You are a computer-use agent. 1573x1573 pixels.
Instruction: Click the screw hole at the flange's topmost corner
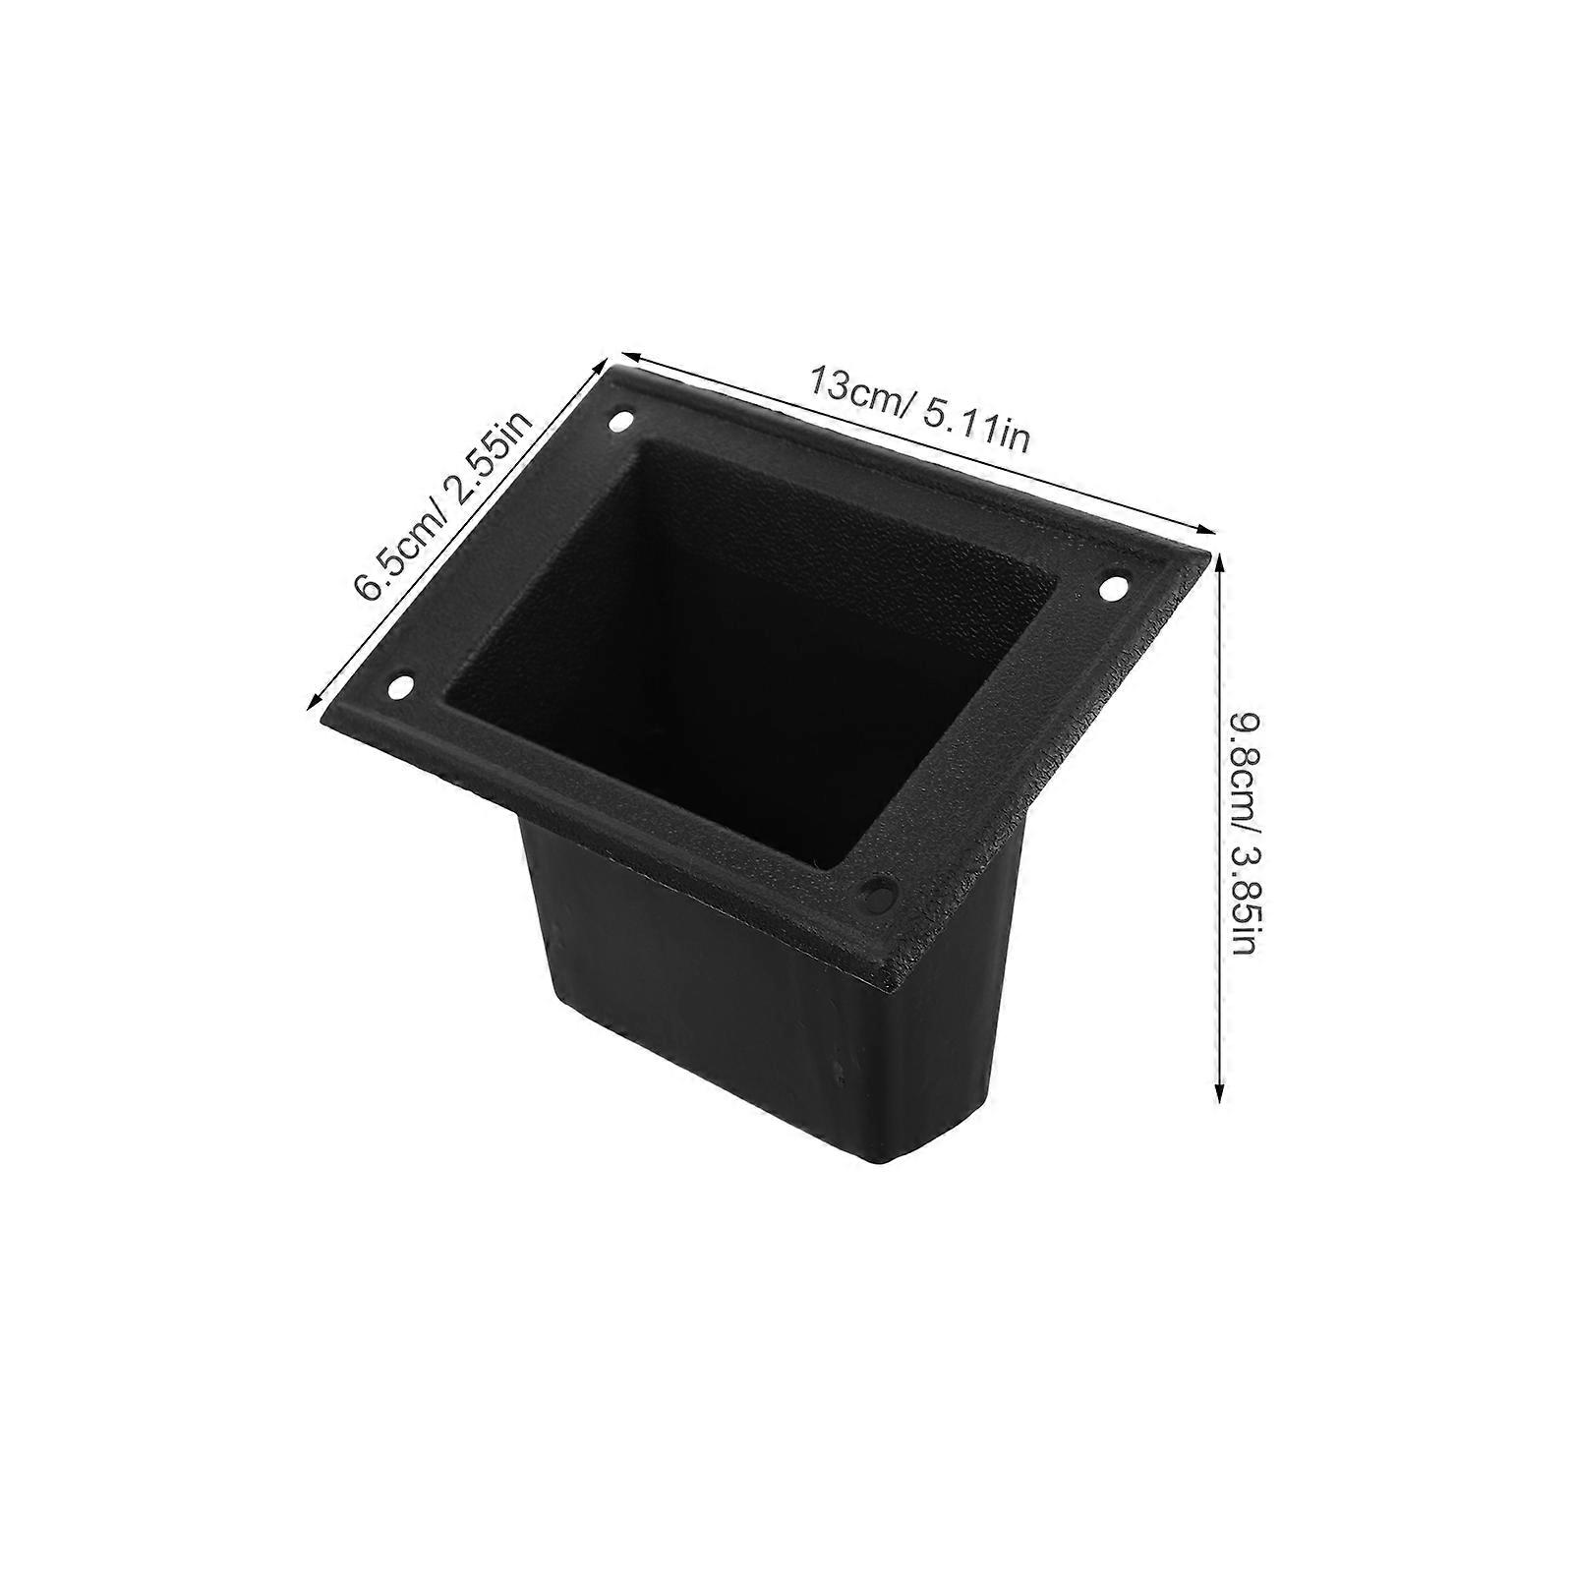[619, 423]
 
